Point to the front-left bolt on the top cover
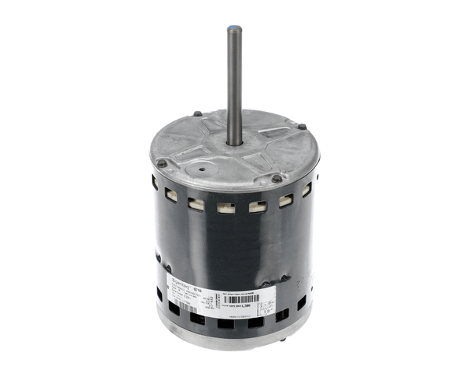161,163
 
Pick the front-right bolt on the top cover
276,179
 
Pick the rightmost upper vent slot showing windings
307,189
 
